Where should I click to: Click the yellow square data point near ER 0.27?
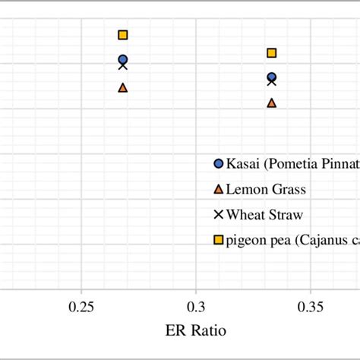pos(123,35)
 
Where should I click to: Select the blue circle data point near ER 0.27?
pos(123,59)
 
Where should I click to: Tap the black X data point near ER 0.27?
pos(123,66)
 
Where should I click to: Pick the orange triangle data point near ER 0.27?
pos(123,87)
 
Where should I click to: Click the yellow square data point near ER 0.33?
pos(271,52)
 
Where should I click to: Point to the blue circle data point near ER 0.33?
pos(271,77)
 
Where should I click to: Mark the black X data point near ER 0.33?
pos(271,81)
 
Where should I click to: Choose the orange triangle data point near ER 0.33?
pos(271,103)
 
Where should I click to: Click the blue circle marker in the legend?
pos(218,163)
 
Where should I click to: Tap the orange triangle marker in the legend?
pos(218,188)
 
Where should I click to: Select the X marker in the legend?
pos(218,214)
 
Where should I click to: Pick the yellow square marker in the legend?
pos(218,240)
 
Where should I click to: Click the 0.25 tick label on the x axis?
pos(81,307)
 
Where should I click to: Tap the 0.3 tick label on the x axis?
pos(197,307)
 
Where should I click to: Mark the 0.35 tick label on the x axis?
pos(311,307)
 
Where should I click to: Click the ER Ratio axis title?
pos(195,332)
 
